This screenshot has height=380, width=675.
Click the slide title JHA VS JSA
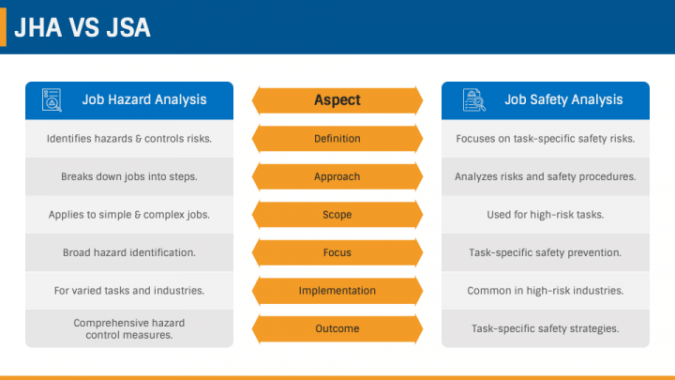82,27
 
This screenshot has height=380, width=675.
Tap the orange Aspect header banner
337,100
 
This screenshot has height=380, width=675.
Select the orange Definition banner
337,139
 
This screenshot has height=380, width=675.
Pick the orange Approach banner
337,176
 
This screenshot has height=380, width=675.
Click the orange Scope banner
337,215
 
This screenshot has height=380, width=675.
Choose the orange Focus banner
337,252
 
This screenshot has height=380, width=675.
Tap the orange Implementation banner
337,290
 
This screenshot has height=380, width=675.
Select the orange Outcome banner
337,328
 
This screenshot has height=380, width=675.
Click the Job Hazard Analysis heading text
144,99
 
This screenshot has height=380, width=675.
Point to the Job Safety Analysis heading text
563,99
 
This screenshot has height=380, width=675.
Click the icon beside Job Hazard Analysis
52,100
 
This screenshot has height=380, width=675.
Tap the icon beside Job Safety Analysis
474,100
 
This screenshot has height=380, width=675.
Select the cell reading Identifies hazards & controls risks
129,139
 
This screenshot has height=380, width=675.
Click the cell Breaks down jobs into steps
129,176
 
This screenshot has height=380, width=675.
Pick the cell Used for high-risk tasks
546,215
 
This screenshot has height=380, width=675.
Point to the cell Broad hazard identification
129,252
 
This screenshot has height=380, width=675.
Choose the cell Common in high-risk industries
546,290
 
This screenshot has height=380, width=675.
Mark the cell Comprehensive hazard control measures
129,328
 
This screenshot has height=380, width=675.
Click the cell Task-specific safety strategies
546,328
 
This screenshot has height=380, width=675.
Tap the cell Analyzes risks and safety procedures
546,176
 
